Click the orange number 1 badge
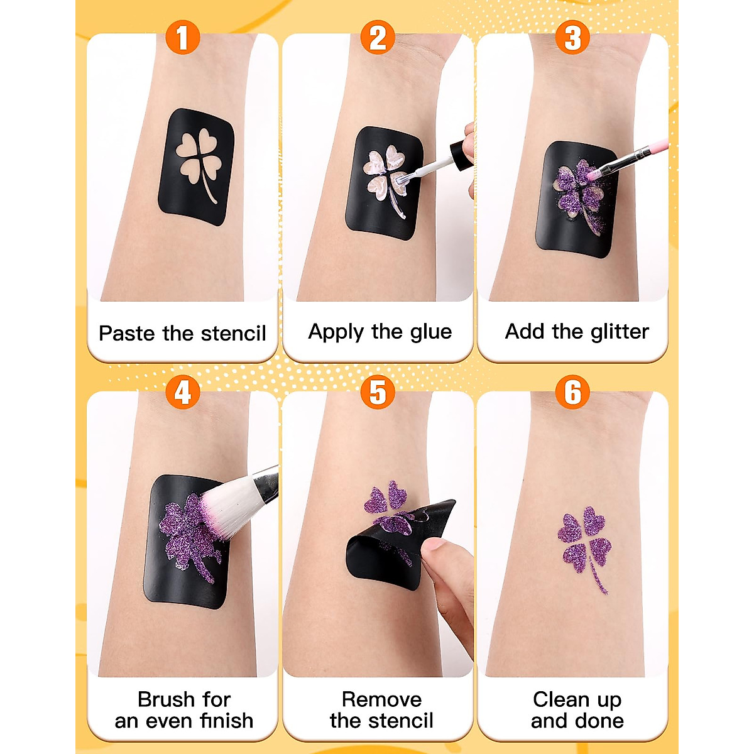click(x=182, y=37)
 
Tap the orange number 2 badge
click(x=378, y=37)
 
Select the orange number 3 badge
click(x=572, y=37)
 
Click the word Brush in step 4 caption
click(x=167, y=699)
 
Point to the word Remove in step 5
click(x=381, y=699)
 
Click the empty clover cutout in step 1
click(x=197, y=157)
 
